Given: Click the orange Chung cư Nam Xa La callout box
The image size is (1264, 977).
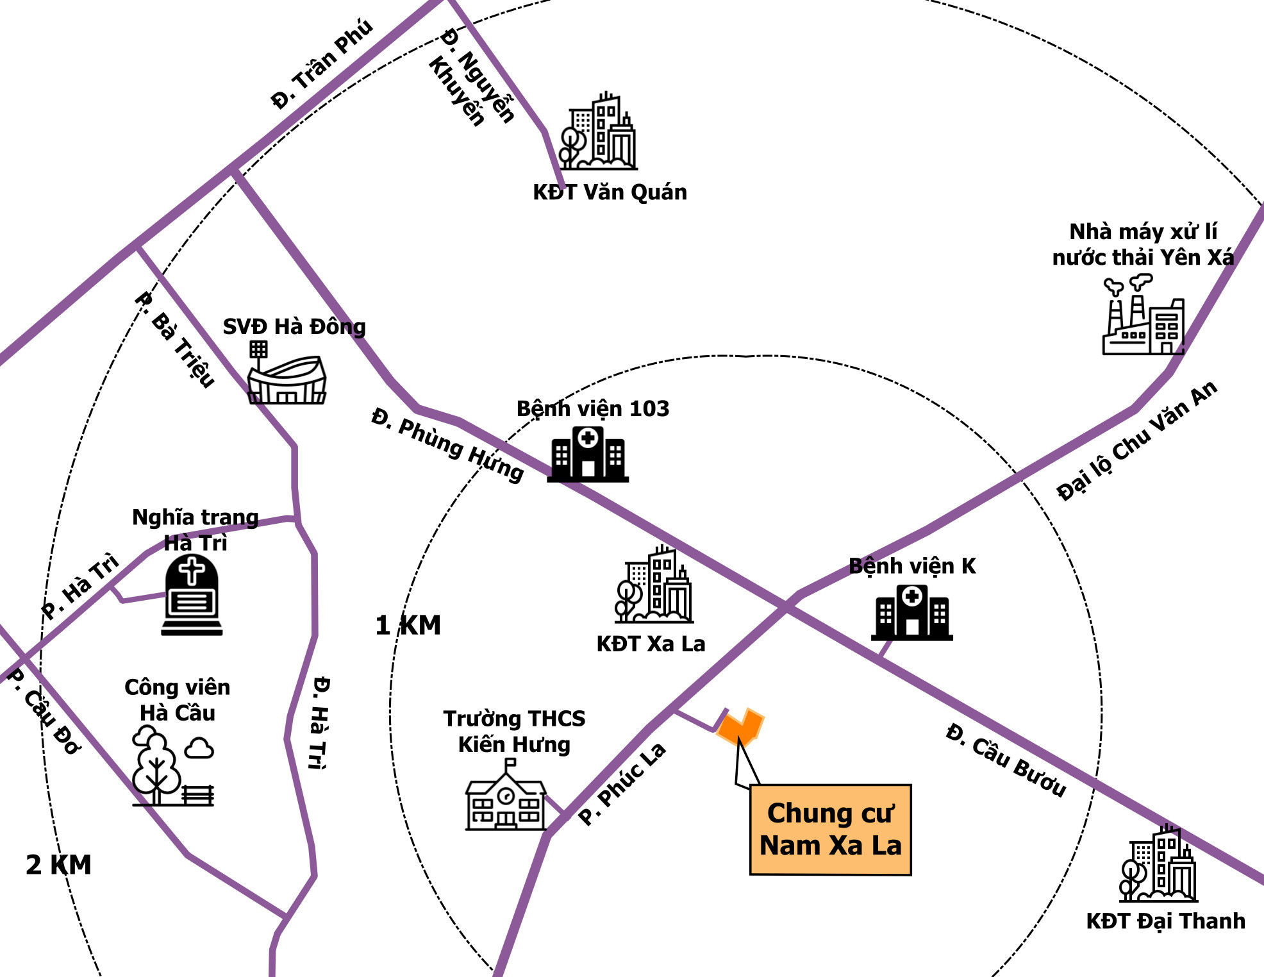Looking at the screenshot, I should click(830, 830).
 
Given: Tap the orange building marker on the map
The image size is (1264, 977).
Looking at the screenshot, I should click(741, 727).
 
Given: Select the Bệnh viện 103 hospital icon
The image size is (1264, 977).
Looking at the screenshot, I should click(588, 455).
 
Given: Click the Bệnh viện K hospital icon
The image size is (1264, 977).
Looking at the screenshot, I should click(911, 613).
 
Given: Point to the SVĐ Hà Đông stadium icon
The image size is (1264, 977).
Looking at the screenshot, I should click(287, 374).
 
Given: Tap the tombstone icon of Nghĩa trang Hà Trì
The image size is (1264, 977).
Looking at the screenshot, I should click(192, 595).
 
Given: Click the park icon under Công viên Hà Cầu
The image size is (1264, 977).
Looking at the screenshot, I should click(172, 767).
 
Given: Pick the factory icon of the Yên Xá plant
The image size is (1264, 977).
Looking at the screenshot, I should click(1143, 317).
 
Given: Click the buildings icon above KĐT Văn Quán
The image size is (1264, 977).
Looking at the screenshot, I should click(598, 132).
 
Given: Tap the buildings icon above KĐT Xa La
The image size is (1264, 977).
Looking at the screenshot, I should click(654, 585).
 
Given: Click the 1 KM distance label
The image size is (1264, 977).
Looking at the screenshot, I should click(408, 625).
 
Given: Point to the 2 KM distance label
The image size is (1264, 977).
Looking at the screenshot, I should click(58, 865).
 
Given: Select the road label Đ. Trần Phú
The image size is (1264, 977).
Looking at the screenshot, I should click(321, 64).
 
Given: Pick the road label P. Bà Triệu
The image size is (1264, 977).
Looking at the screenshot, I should click(175, 339).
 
